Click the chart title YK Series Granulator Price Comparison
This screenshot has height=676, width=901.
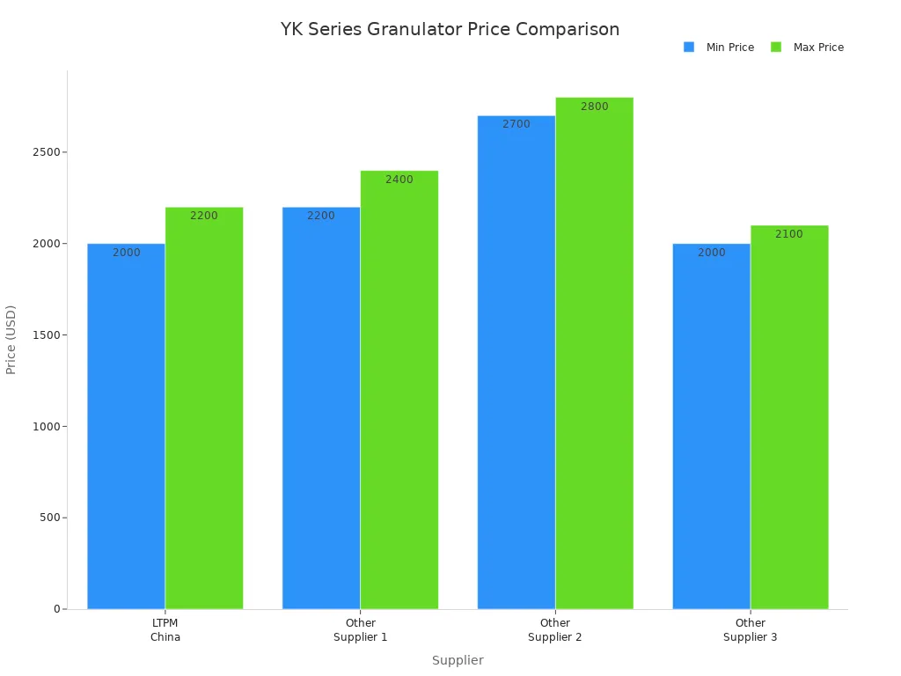(450, 29)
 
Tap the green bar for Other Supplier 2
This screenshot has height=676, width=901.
(594, 353)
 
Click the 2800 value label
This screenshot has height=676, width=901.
(594, 107)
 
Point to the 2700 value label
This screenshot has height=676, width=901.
(516, 124)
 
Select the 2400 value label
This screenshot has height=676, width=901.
(399, 180)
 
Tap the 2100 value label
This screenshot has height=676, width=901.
(789, 234)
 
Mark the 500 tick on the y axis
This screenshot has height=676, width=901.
(51, 518)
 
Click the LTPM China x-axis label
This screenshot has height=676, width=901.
(165, 630)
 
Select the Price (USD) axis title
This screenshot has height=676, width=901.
(11, 339)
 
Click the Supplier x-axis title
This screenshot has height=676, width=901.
(458, 660)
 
